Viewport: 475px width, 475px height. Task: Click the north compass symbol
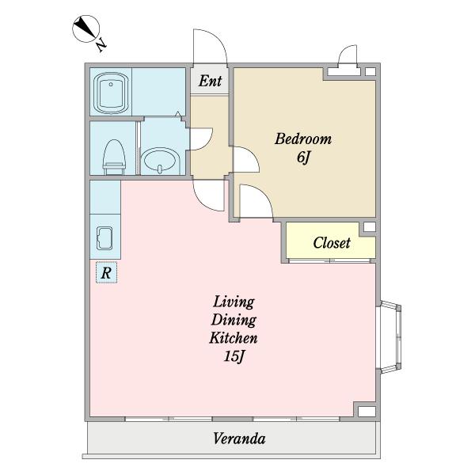coord(86,28)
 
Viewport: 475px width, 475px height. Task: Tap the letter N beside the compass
coord(101,45)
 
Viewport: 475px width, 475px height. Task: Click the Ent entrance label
coord(210,81)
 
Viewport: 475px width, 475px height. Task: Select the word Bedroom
coord(303,139)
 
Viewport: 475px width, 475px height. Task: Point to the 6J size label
coord(304,157)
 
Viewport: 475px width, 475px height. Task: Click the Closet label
coord(332,243)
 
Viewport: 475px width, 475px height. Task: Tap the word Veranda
coord(239,439)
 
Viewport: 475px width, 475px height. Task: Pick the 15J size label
coord(234,356)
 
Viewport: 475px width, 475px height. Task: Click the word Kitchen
coord(234,338)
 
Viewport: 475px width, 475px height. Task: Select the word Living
coord(234,302)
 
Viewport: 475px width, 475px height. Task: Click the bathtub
coord(111,93)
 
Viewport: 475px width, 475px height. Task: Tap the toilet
coord(114,157)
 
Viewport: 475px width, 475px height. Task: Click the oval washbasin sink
coord(161,160)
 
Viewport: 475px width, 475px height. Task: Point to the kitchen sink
coord(104,238)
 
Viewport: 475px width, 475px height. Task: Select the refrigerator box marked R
coord(106,272)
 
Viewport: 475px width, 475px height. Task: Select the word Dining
coord(234,320)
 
